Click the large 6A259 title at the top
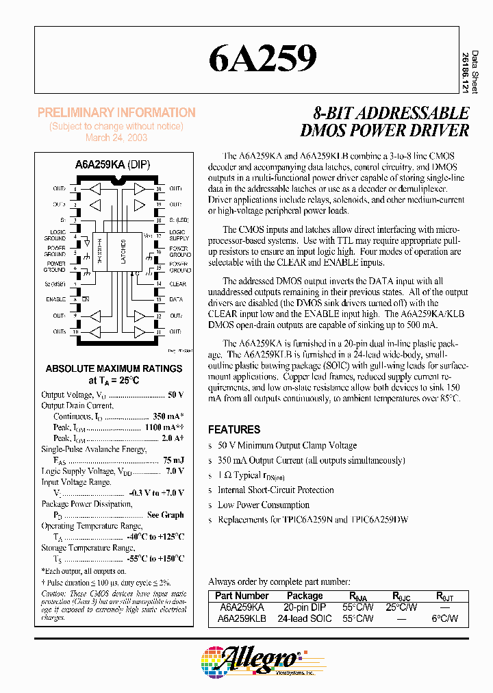click(x=263, y=59)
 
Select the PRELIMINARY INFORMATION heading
click(x=116, y=113)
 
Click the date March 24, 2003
click(x=116, y=137)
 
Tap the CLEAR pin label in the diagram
click(x=177, y=283)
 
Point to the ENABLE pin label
click(x=56, y=299)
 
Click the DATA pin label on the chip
click(x=176, y=299)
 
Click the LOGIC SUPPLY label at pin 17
click(x=178, y=236)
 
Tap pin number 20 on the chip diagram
click(x=159, y=188)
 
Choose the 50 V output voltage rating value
click(x=175, y=395)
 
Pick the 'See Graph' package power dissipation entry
click(x=165, y=515)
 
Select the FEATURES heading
click(x=234, y=430)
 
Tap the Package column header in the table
click(x=305, y=596)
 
